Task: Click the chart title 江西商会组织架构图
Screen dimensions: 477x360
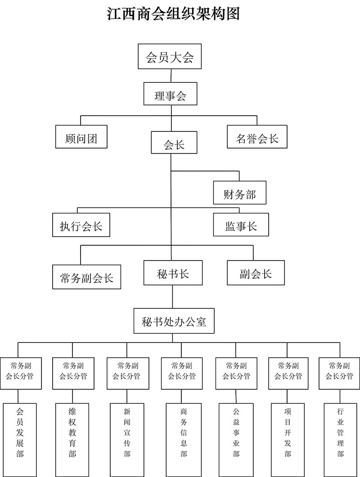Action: click(x=173, y=13)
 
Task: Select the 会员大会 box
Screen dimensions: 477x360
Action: click(x=170, y=57)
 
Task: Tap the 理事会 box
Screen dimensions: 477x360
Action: click(x=170, y=94)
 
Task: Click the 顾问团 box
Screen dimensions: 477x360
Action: click(x=82, y=136)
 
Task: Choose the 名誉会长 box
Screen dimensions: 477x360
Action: click(x=257, y=136)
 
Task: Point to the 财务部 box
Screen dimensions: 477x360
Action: click(x=239, y=193)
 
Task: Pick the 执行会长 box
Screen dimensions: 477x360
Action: click(x=81, y=225)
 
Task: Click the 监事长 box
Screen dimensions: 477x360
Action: click(x=241, y=225)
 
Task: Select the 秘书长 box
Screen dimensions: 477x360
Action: click(x=172, y=273)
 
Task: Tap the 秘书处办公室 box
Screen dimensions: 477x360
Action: click(x=173, y=321)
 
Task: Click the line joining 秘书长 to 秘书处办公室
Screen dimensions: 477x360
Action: click(x=172, y=297)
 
